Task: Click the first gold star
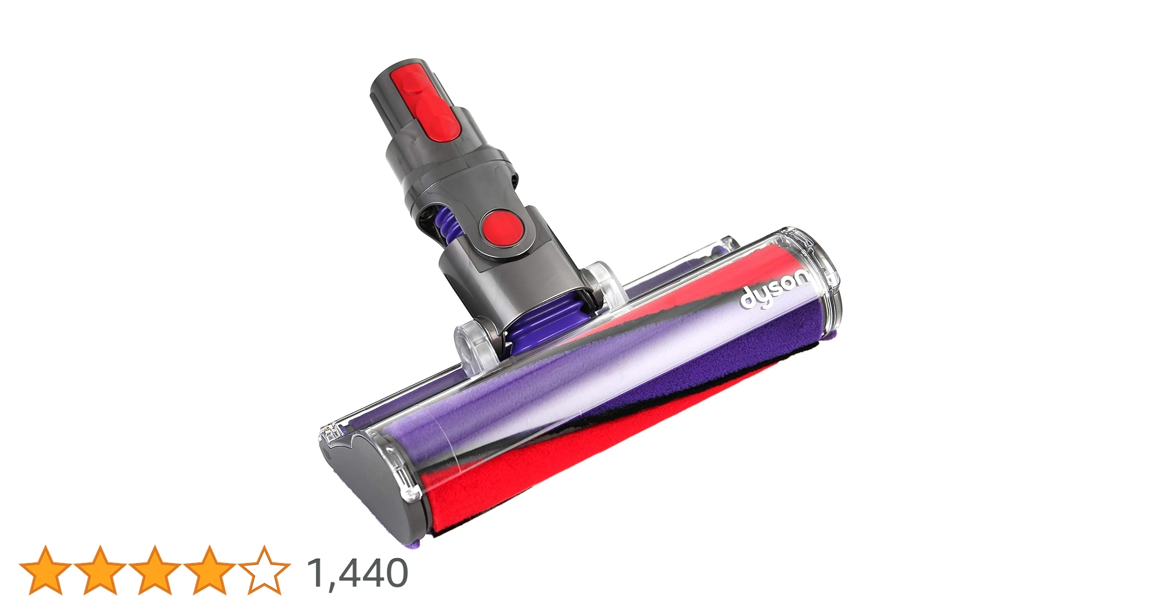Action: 45,570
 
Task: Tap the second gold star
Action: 100,570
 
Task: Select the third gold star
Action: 154,570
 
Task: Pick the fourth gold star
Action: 209,570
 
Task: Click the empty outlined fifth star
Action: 264,570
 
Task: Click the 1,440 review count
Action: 357,573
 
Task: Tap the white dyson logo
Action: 774,291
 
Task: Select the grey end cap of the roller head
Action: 365,480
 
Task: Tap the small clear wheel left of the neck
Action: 474,344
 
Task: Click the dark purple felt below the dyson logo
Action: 754,353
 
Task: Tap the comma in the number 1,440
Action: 330,586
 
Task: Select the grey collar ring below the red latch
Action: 450,161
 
